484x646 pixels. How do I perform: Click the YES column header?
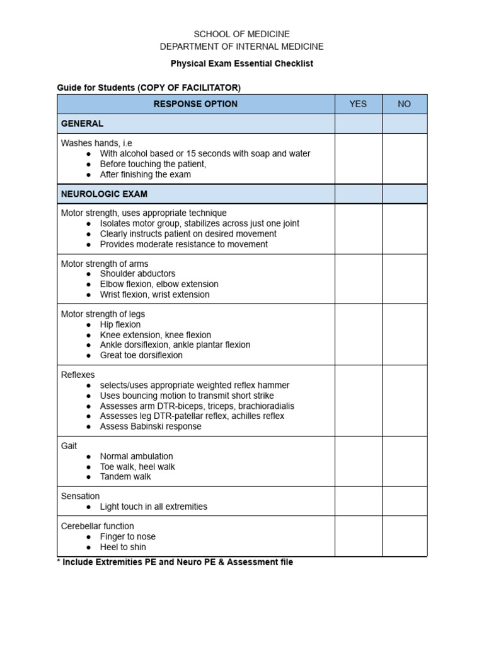pos(358,104)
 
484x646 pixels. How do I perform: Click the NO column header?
pos(405,104)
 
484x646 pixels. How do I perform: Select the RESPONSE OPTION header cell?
pos(195,104)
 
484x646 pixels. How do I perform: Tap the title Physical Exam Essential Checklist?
pos(242,64)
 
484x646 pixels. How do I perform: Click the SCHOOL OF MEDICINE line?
pos(242,34)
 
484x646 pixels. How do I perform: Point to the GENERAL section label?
pos(82,124)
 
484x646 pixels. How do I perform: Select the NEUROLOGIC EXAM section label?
pos(104,194)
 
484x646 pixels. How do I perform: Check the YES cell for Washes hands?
pos(358,158)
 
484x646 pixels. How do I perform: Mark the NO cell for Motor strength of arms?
pos(405,279)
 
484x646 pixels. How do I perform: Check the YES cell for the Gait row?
pos(358,461)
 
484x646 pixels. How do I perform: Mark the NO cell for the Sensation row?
pos(405,501)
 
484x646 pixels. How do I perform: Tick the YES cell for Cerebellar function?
pos(358,536)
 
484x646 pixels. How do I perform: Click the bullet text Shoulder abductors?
pos(137,274)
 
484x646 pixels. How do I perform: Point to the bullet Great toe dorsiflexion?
pos(141,355)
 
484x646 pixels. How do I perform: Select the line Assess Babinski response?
pos(151,426)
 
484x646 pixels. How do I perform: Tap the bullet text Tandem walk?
pos(125,477)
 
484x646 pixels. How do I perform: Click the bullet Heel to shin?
pos(123,547)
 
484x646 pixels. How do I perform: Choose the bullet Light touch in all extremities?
pos(153,507)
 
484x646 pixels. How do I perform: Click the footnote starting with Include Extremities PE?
pos(175,562)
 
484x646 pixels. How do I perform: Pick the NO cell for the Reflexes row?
pos(405,401)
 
